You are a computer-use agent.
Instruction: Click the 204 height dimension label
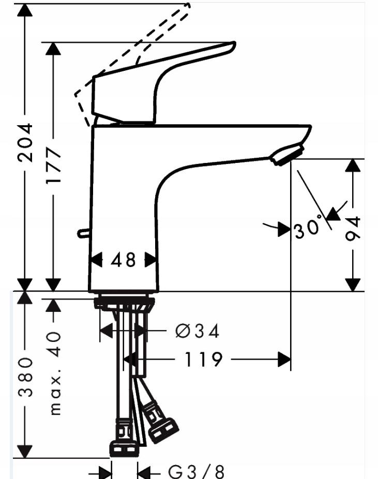(25, 142)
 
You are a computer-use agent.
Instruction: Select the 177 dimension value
(53, 166)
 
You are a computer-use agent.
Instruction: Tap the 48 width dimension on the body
(123, 259)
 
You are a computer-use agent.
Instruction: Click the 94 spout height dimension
(353, 228)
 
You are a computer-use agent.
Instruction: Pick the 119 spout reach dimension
(203, 359)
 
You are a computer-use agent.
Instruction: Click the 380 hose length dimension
(25, 376)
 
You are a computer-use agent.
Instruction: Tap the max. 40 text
(55, 373)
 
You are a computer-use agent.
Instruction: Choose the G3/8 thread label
(196, 471)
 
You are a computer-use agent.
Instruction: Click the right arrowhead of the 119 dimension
(284, 359)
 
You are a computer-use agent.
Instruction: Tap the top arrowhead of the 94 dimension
(353, 166)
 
